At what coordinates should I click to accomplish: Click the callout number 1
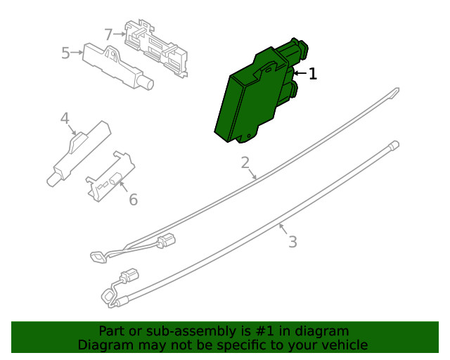point(313,74)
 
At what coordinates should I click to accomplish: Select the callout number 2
point(245,162)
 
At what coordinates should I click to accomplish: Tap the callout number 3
point(292,242)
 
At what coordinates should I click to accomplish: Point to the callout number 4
point(65,118)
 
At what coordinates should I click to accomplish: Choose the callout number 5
point(65,53)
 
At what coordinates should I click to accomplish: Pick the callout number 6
point(134,200)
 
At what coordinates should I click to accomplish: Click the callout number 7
point(108,34)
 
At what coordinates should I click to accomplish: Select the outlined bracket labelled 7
point(156,49)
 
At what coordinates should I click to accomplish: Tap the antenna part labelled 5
point(117,67)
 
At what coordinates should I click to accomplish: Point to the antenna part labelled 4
point(79,153)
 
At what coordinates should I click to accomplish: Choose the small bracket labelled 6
point(110,176)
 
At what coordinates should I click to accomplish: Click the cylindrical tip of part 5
point(147,84)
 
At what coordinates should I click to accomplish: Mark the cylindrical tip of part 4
point(53,180)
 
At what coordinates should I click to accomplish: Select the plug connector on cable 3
point(129,276)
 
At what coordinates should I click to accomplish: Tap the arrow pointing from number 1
point(300,74)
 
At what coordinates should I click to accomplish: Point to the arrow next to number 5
point(77,53)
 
